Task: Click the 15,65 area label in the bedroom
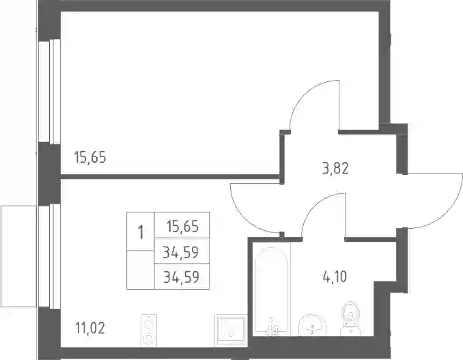[x=90, y=157]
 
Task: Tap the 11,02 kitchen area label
[x=90, y=328]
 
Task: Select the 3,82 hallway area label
[x=335, y=168]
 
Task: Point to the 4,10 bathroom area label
[x=335, y=277]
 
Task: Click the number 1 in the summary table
[x=141, y=232]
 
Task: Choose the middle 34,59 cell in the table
[x=181, y=252]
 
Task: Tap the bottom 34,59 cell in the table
[x=181, y=277]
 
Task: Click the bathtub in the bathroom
[x=271, y=291]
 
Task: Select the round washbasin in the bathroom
[x=312, y=325]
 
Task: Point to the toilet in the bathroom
[x=350, y=318]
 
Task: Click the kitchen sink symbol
[x=231, y=330]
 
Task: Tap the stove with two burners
[x=148, y=330]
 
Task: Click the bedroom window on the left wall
[x=49, y=92]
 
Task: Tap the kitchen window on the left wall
[x=49, y=256]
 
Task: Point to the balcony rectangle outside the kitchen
[x=18, y=256]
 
